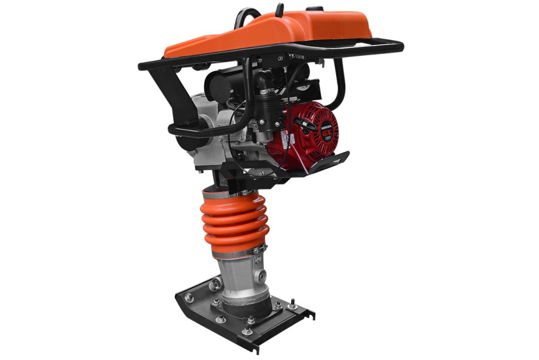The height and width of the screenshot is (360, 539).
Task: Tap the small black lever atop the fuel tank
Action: [280, 10]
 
